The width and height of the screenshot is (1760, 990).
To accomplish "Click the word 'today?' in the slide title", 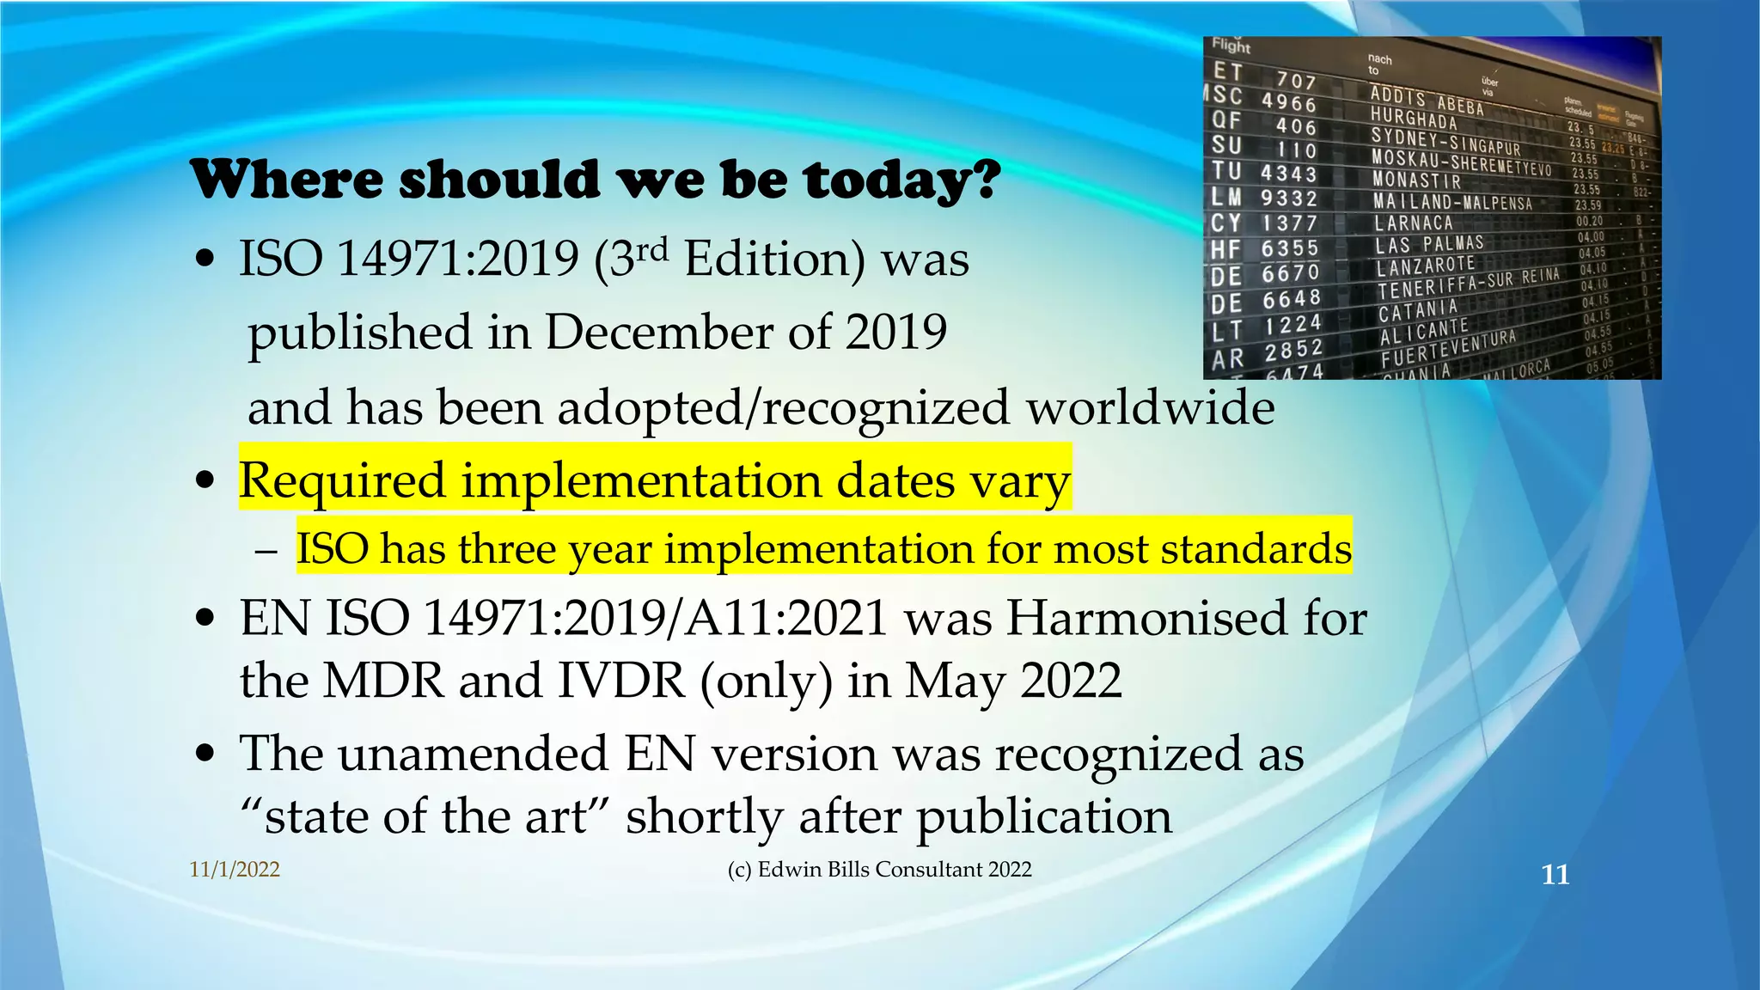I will [x=902, y=180].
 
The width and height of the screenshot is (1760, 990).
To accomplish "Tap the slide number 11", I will [x=1555, y=875].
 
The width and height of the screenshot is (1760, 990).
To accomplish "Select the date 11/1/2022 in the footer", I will [x=235, y=870].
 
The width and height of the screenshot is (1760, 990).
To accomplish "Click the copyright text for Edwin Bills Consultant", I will [x=879, y=870].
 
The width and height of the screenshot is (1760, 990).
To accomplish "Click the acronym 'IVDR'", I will [x=621, y=681].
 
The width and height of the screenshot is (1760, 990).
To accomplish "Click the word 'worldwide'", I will [x=1151, y=407].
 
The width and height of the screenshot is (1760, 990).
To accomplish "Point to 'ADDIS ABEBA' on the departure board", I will [x=1427, y=100].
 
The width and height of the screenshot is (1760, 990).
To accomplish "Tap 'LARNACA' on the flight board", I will [x=1414, y=223].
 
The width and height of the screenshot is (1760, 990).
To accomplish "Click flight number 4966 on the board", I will [x=1288, y=103].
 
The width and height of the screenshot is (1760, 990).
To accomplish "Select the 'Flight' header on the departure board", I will [x=1231, y=46].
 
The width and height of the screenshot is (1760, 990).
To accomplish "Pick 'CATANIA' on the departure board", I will [x=1418, y=309].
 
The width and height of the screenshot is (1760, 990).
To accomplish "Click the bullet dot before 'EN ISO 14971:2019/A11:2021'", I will [x=205, y=618].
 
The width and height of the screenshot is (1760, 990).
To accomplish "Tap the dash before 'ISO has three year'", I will [x=266, y=551].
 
